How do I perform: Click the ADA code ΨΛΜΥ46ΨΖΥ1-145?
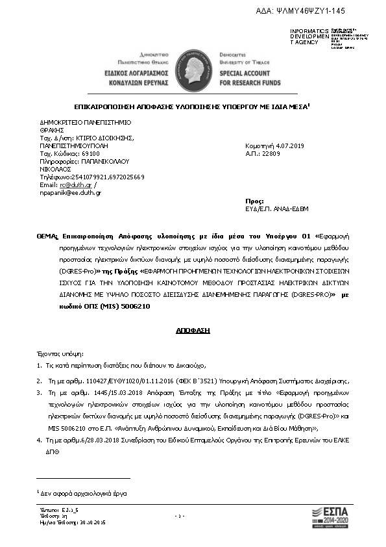click(302, 11)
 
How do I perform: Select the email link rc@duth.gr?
click(68, 185)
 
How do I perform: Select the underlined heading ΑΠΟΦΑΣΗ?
click(193, 331)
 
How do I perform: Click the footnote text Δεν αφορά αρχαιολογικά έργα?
click(84, 494)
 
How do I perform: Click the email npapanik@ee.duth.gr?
click(71, 193)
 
